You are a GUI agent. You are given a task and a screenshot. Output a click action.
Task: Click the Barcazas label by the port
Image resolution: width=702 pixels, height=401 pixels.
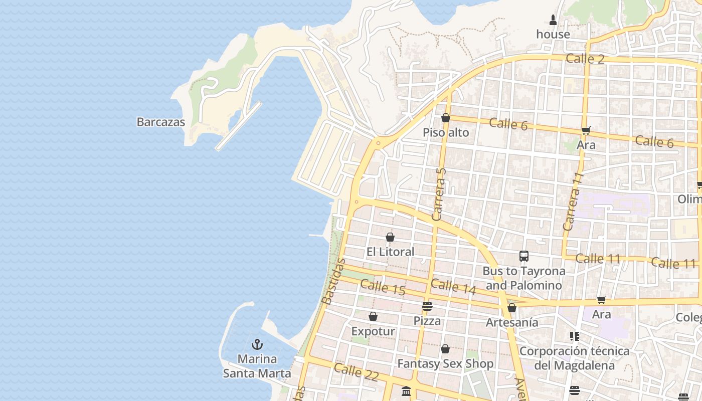pyautogui.click(x=160, y=122)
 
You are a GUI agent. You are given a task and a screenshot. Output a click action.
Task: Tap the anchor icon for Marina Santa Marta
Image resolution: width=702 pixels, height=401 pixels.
pyautogui.click(x=257, y=344)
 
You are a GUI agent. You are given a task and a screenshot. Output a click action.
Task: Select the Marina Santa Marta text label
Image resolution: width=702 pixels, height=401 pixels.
pyautogui.click(x=257, y=366)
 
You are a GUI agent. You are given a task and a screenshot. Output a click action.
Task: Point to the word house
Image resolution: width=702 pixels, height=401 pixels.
pyautogui.click(x=553, y=34)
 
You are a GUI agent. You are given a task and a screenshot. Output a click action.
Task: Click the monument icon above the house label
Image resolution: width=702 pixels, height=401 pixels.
pyautogui.click(x=553, y=20)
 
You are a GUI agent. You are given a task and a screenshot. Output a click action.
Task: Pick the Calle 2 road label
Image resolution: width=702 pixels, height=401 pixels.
pyautogui.click(x=585, y=59)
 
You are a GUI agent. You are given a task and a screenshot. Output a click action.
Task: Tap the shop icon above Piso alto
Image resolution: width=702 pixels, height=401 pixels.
pyautogui.click(x=445, y=118)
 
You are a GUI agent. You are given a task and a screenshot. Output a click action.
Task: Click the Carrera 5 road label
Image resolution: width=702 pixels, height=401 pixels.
pyautogui.click(x=438, y=194)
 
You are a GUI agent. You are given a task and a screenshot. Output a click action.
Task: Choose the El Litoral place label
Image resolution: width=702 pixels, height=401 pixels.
pyautogui.click(x=390, y=252)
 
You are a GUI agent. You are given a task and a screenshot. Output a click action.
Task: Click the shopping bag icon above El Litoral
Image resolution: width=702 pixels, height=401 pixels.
pyautogui.click(x=390, y=237)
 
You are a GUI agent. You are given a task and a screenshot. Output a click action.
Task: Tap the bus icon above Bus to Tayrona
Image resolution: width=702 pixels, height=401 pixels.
pyautogui.click(x=524, y=256)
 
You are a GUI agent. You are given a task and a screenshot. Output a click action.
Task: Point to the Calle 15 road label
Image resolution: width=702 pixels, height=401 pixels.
pyautogui.click(x=383, y=287)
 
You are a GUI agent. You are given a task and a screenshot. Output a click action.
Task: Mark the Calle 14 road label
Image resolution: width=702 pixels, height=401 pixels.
pyautogui.click(x=453, y=286)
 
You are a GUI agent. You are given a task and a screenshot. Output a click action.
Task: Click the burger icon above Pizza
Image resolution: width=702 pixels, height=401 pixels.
pyautogui.click(x=427, y=306)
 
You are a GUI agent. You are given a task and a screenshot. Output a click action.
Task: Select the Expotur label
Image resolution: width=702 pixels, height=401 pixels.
pyautogui.click(x=373, y=331)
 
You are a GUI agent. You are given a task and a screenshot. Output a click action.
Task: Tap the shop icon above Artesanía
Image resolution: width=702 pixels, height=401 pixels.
pyautogui.click(x=512, y=308)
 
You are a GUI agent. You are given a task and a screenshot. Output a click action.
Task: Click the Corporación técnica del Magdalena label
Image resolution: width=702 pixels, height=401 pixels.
pyautogui.click(x=574, y=358)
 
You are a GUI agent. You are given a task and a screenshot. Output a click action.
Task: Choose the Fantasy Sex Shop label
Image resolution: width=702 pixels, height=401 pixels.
pyautogui.click(x=445, y=363)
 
